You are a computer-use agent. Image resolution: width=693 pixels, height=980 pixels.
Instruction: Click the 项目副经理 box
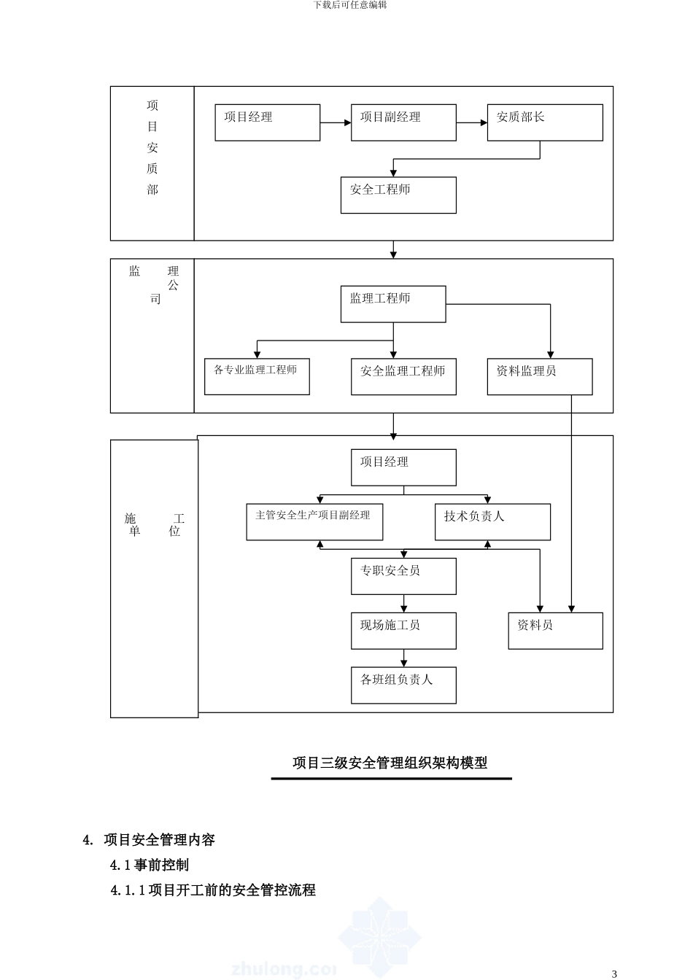pyautogui.click(x=403, y=122)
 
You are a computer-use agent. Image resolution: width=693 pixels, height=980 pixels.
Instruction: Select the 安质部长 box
pyautogui.click(x=545, y=122)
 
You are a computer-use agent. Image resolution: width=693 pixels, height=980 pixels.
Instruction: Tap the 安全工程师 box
pyautogui.click(x=398, y=195)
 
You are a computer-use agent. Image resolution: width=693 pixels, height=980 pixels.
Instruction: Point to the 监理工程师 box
pyautogui.click(x=393, y=304)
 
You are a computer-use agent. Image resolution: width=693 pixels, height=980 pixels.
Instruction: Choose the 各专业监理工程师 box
pyautogui.click(x=257, y=376)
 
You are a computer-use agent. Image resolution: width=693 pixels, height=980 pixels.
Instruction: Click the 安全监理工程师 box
pyautogui.click(x=403, y=376)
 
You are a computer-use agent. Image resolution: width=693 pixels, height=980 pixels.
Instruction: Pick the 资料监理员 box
pyautogui.click(x=540, y=376)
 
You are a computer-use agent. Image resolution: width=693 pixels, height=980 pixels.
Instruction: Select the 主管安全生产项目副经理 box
pyautogui.click(x=314, y=522)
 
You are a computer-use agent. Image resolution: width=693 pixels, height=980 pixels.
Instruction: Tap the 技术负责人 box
pyautogui.click(x=492, y=522)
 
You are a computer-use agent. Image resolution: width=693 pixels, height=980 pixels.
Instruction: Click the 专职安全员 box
pyautogui.click(x=403, y=576)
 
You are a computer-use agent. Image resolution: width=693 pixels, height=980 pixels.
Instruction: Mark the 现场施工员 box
pyautogui.click(x=403, y=631)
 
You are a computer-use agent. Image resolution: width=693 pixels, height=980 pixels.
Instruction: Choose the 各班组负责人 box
pyautogui.click(x=403, y=685)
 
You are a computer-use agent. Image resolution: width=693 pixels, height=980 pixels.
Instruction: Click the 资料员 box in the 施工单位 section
pyautogui.click(x=555, y=631)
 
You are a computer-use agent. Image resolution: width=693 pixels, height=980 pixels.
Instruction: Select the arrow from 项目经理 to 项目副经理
pyautogui.click(x=336, y=122)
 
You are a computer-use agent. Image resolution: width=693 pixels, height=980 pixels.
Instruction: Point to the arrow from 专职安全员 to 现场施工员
pyautogui.click(x=403, y=604)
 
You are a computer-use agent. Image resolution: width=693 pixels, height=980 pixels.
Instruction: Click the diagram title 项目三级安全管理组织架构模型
pyautogui.click(x=390, y=763)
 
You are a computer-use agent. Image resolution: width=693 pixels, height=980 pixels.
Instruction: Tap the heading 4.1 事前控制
pyautogui.click(x=150, y=865)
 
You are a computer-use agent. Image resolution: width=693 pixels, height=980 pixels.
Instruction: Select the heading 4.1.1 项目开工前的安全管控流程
pyautogui.click(x=213, y=890)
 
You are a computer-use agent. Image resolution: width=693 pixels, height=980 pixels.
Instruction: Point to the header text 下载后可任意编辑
pyautogui.click(x=350, y=5)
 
